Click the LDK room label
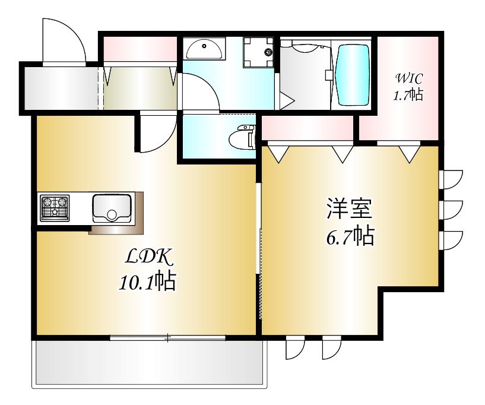[x=148, y=256]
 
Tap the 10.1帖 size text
[x=148, y=281]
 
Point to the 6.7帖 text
[x=351, y=236]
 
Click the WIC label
[x=408, y=78]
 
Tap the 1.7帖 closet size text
[x=408, y=94]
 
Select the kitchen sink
[x=112, y=208]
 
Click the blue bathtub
[x=353, y=75]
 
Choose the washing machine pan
[x=258, y=52]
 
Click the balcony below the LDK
[x=149, y=365]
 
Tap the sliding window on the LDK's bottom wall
[x=167, y=337]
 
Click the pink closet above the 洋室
[x=308, y=128]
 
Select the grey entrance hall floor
[x=61, y=88]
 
